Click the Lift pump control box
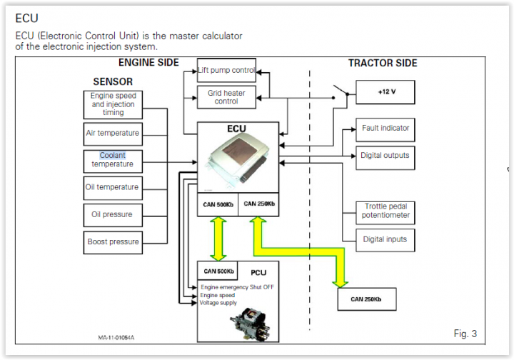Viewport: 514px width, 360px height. (x=226, y=70)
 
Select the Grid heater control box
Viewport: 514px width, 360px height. (x=226, y=96)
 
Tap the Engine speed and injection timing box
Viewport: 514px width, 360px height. (x=113, y=104)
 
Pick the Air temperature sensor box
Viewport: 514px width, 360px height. (x=113, y=133)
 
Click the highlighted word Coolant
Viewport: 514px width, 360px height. (x=112, y=155)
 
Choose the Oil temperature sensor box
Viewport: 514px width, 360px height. (x=113, y=187)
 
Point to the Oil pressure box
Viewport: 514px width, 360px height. (x=113, y=214)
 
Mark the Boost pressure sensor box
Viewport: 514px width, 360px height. (x=113, y=241)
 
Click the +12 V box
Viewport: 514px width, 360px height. (x=385, y=93)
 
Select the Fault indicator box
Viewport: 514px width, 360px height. (x=385, y=128)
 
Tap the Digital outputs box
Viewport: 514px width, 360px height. (x=385, y=155)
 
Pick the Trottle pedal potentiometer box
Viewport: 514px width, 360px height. (x=385, y=211)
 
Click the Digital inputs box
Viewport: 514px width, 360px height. (x=385, y=239)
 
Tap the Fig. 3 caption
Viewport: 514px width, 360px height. (x=465, y=334)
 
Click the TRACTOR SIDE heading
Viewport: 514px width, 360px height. (x=383, y=63)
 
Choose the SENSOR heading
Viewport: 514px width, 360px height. (x=113, y=81)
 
